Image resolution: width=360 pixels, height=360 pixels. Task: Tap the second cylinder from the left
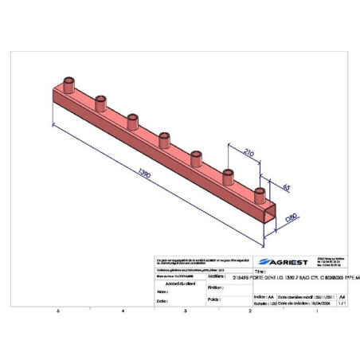coord(100,102)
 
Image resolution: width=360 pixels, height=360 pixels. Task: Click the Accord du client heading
coord(178,283)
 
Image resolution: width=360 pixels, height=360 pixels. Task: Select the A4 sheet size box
coord(342,295)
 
